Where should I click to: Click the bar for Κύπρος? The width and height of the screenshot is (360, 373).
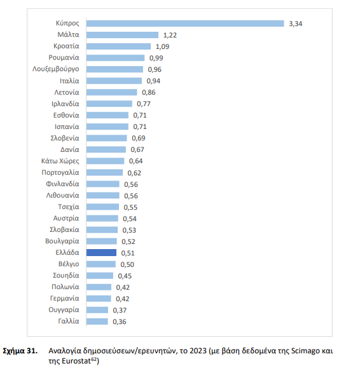pos(184,24)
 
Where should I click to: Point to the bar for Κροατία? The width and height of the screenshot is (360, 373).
pos(118,46)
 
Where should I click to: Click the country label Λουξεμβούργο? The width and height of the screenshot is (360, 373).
pos(55,69)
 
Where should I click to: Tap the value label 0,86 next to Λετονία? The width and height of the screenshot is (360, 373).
pos(148,92)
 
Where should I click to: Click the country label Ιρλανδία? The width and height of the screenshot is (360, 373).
pos(65,104)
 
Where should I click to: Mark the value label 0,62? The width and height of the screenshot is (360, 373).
pos(134,172)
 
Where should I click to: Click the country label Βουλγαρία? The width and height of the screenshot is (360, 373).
pos(62,241)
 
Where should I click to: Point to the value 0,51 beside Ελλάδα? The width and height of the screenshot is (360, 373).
pos(128,252)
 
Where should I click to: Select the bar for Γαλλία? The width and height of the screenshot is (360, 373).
pos(97,322)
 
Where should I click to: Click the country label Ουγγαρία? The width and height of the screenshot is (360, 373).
pos(64,309)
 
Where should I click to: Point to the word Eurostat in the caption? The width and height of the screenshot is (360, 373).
pos(75,360)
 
